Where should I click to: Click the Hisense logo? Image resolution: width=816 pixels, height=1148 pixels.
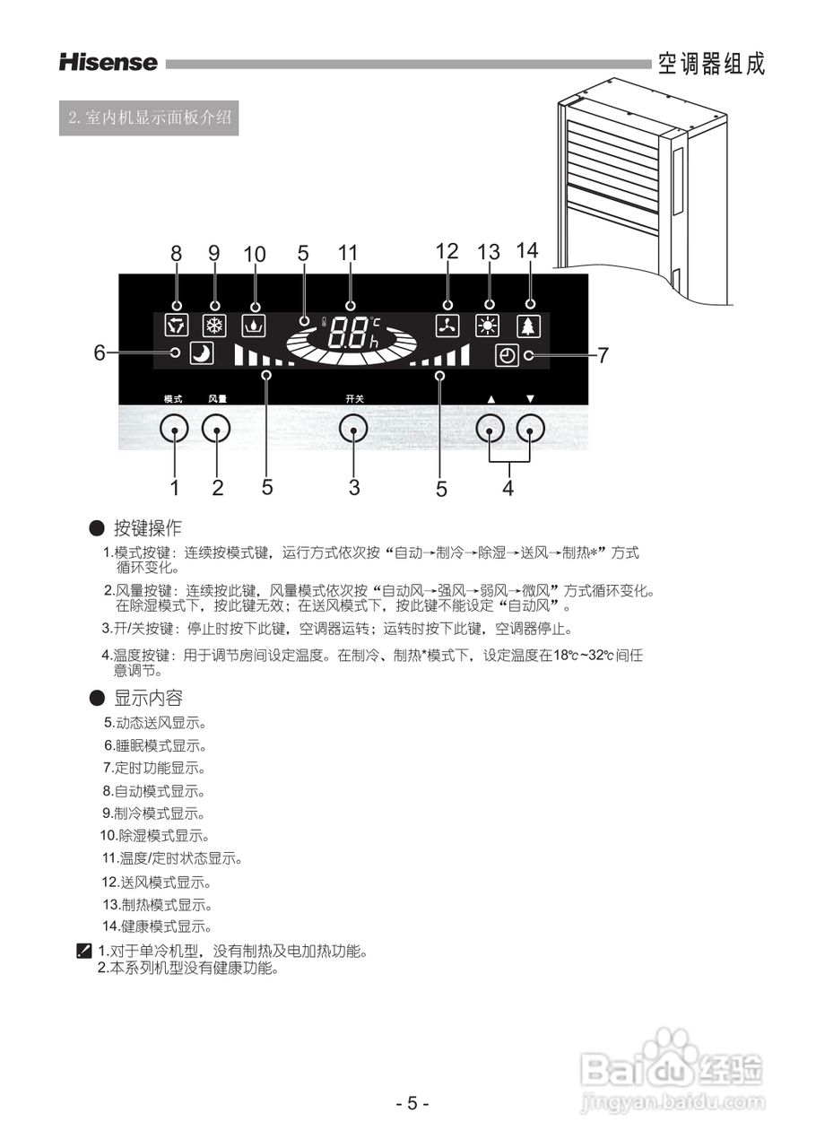tap(108, 63)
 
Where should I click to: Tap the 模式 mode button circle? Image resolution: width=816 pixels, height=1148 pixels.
tap(174, 430)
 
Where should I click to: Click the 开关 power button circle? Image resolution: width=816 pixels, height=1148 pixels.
tap(354, 430)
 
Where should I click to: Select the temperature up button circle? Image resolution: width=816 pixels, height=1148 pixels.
tap(490, 430)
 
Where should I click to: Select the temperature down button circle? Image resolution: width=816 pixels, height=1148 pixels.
tap(531, 430)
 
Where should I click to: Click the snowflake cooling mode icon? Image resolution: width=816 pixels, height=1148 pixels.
tap(214, 326)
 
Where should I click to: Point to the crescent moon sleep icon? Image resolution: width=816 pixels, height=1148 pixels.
tap(202, 353)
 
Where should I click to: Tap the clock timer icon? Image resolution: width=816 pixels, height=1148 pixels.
tap(507, 355)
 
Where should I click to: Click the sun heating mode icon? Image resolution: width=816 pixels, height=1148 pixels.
tap(488, 326)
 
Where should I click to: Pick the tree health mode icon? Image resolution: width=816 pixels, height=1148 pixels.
tap(529, 326)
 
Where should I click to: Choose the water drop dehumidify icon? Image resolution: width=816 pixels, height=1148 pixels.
tap(254, 326)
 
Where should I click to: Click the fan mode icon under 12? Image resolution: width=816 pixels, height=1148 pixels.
tap(447, 326)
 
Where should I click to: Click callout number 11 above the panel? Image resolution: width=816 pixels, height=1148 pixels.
tap(348, 253)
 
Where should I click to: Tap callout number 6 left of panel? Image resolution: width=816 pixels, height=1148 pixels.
tap(100, 352)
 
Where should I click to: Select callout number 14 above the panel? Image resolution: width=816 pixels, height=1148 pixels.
tap(528, 251)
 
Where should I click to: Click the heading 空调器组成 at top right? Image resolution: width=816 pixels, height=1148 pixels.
tap(711, 64)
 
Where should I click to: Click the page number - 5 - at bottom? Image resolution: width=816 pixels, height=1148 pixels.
tap(412, 1103)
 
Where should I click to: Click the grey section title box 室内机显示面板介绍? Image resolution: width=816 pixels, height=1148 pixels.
tap(149, 117)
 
